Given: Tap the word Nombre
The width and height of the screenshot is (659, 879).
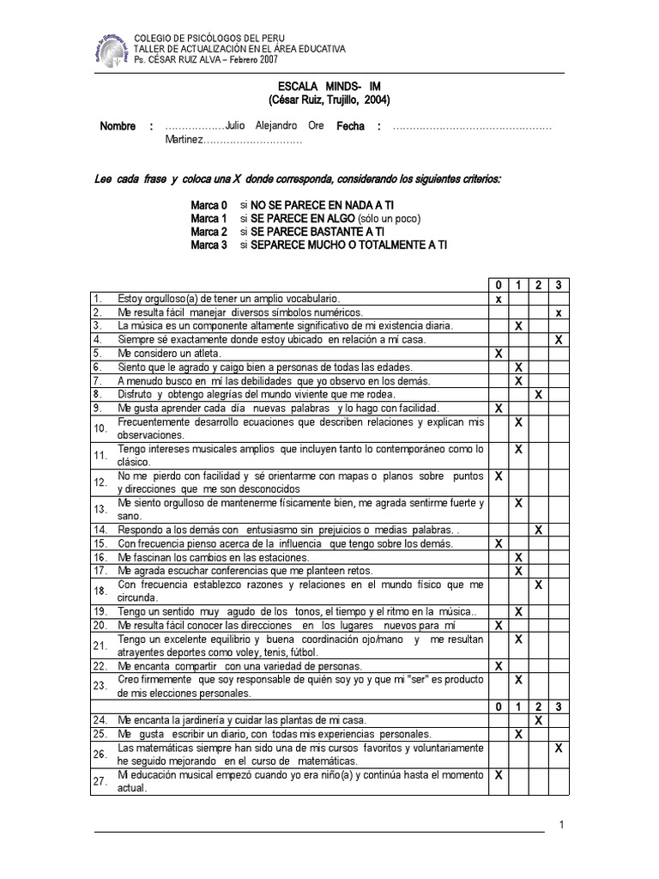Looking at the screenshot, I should click(x=118, y=126).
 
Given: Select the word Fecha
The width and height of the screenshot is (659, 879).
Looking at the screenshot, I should click(x=350, y=126).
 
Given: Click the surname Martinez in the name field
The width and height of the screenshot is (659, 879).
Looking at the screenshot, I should click(x=184, y=140).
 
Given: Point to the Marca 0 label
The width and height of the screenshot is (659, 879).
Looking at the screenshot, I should click(x=209, y=206).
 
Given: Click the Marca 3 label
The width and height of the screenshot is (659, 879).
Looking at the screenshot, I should click(x=209, y=245).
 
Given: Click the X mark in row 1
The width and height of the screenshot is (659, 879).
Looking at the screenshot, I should click(x=499, y=300).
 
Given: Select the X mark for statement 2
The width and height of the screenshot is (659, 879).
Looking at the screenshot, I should click(x=559, y=312).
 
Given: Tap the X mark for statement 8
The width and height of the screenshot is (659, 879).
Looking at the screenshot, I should click(x=538, y=394).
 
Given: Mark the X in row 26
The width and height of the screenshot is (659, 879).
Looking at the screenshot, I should click(x=559, y=749).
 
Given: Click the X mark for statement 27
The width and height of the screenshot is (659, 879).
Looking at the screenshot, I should click(x=499, y=773).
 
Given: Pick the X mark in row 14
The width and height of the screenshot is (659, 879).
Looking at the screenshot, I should click(x=538, y=530).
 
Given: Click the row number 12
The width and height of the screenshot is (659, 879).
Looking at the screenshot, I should click(x=100, y=481).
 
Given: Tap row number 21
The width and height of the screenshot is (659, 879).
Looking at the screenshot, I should click(x=100, y=645).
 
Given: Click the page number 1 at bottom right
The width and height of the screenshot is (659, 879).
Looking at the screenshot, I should click(x=559, y=825).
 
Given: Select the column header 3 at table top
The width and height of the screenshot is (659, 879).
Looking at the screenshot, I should click(x=559, y=284).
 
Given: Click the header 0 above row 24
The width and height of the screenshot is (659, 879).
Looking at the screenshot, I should click(x=499, y=706).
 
